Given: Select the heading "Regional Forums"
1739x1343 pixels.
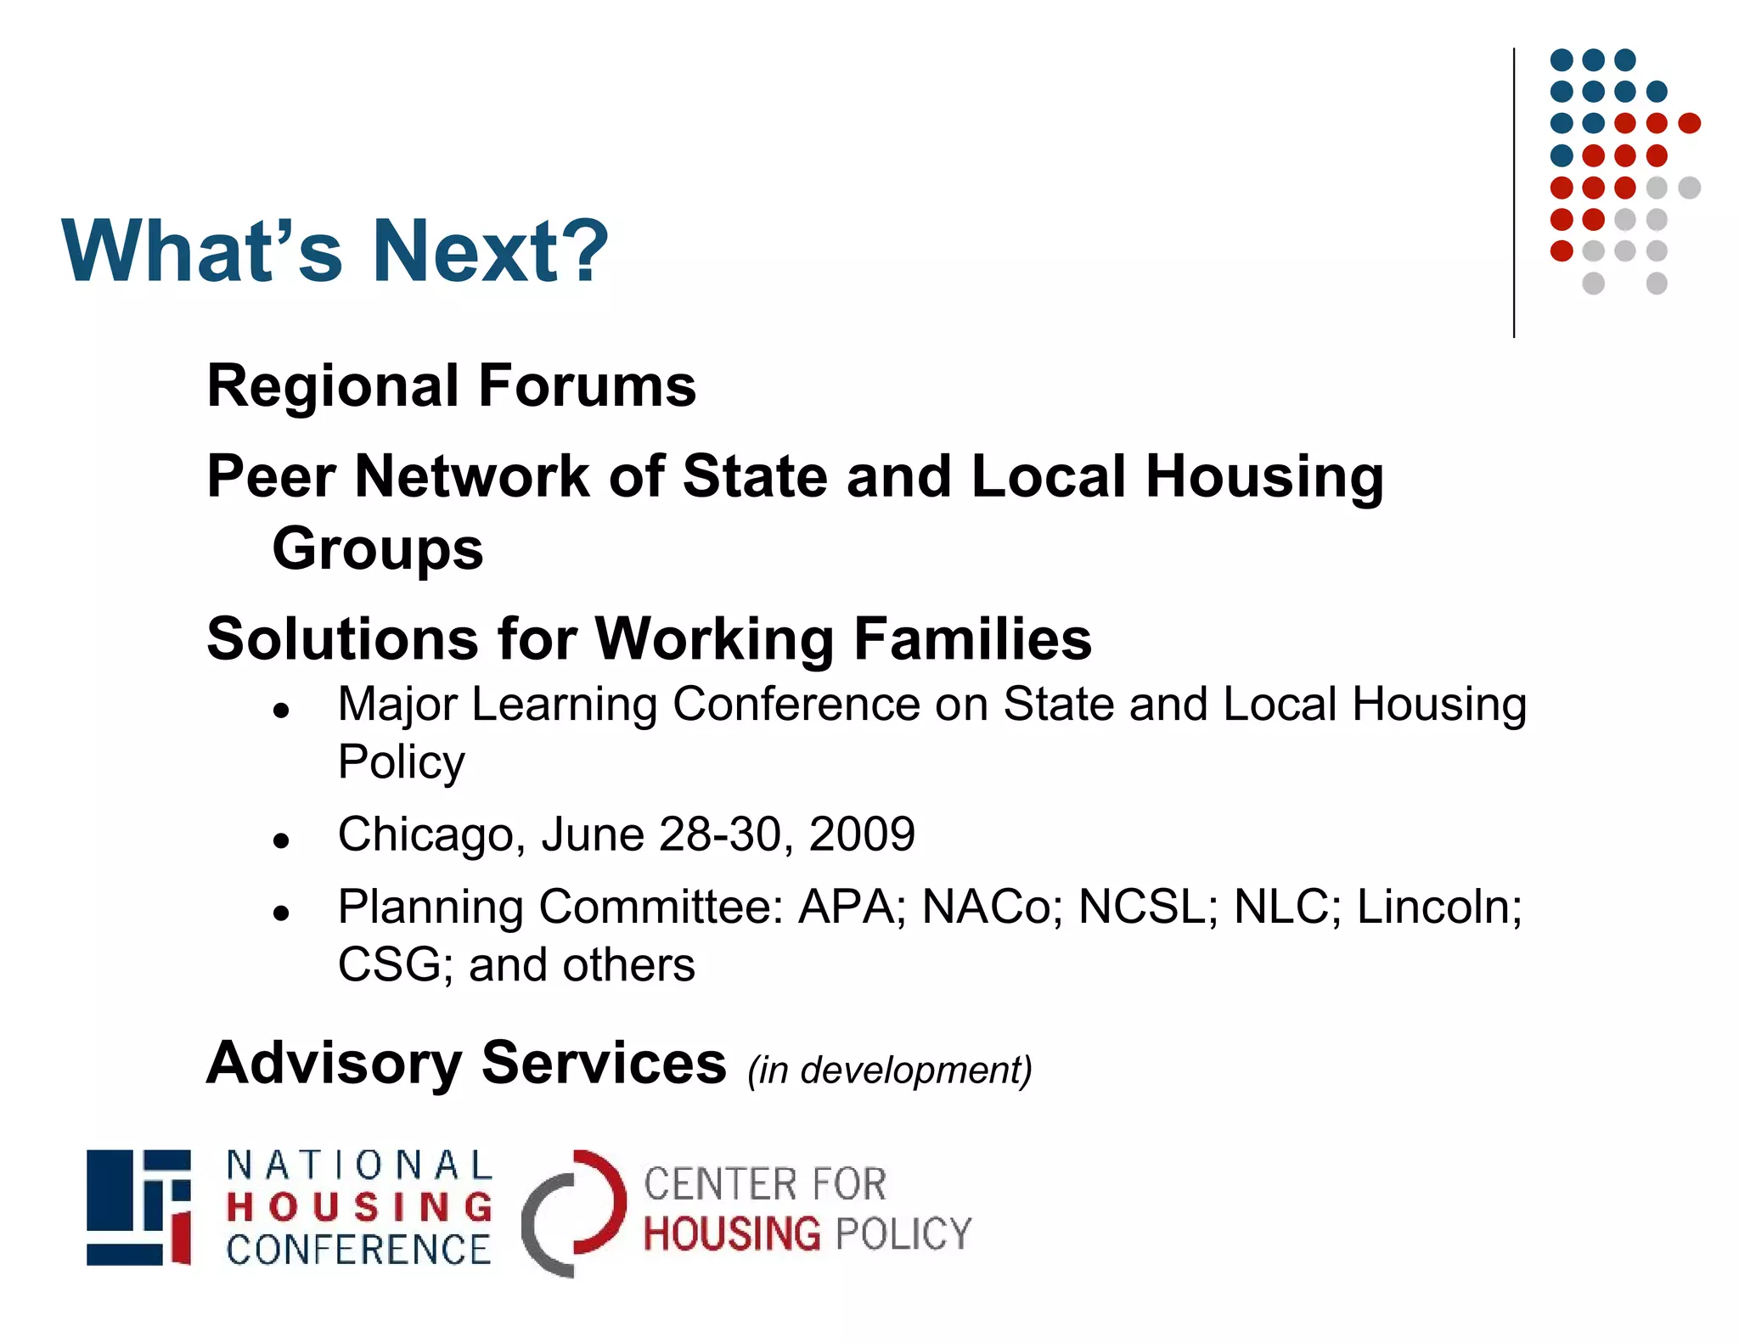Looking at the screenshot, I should tap(451, 386).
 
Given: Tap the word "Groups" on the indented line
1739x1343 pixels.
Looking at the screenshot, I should tap(377, 549).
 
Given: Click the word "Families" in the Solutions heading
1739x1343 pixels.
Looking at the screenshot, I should tap(972, 638).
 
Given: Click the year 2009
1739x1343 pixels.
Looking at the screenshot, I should tap(861, 834).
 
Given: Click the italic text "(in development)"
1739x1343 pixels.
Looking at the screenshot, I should tap(889, 1070).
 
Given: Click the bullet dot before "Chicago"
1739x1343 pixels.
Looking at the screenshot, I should tap(282, 841).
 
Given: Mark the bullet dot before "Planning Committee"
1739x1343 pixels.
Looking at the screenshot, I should tap(282, 913).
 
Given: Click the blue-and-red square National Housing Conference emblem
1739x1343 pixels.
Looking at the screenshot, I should tap(138, 1207).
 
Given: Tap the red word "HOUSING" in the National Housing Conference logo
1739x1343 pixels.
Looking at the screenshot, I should tap(359, 1207).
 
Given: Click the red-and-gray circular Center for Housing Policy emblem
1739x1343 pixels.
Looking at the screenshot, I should tap(574, 1212).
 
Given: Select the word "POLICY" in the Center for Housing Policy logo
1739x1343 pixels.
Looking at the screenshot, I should tap(903, 1234).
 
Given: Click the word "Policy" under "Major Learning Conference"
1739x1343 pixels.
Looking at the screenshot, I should tap(401, 762).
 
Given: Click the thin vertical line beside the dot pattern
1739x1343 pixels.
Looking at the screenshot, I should tap(1514, 194).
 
